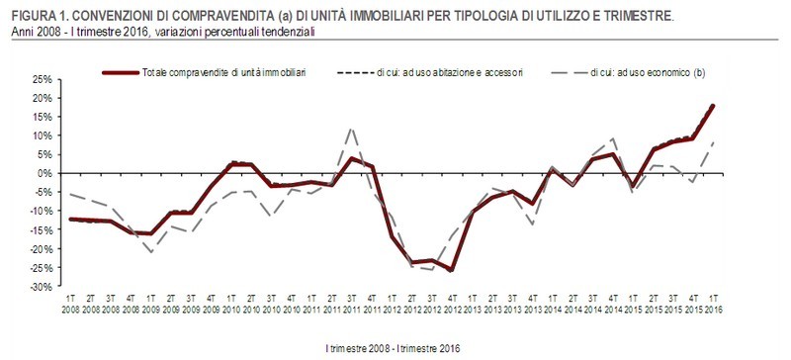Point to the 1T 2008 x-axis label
70,303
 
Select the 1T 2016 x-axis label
713,303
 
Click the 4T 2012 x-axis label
452,303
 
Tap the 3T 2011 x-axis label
351,303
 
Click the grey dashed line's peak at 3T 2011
351,128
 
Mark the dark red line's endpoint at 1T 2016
713,106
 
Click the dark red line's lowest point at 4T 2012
452,269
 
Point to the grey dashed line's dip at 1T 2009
150,252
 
